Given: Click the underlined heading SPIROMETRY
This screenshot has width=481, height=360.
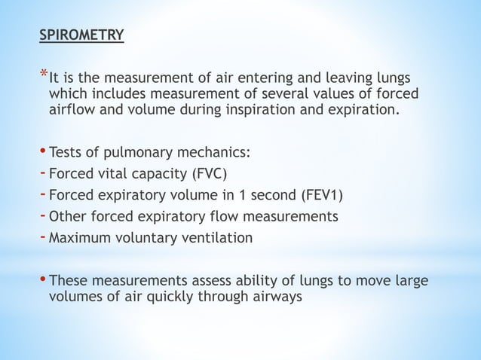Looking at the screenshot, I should [x=82, y=35].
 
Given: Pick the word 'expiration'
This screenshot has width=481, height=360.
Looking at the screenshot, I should [x=363, y=111].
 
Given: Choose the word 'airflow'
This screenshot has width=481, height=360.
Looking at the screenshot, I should [x=73, y=111].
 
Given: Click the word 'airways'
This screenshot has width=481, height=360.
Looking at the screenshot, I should [x=274, y=296].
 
